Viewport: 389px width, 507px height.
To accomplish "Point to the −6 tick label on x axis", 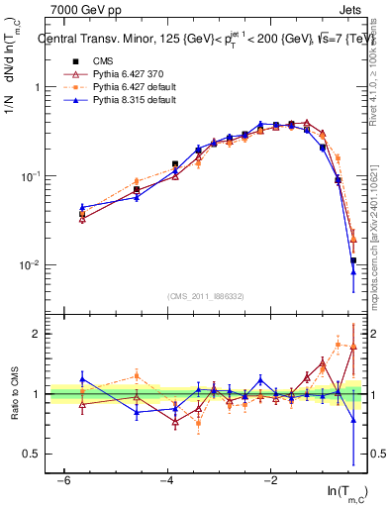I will click(63, 480).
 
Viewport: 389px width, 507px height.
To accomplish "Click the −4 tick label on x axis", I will click(166, 480).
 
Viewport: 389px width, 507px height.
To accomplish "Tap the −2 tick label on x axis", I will click(270, 480).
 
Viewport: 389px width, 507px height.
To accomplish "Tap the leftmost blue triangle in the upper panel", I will click(82, 207).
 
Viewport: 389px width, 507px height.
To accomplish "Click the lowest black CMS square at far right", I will click(353, 261).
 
